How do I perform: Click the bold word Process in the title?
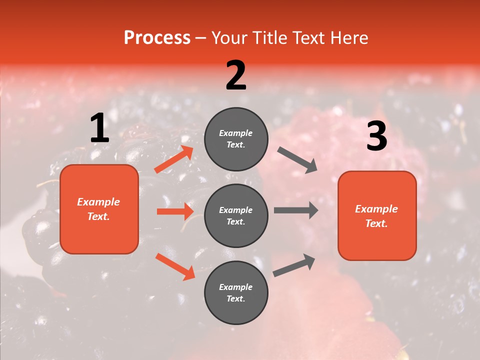pos(157,38)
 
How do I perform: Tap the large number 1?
pos(99,128)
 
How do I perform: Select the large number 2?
pos(236,75)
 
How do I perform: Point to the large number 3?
pos(376,136)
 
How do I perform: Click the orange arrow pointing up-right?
pos(173,159)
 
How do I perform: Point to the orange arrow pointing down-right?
pos(175,266)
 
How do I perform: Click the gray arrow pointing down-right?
pos(297,160)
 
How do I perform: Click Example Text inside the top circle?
pos(236,139)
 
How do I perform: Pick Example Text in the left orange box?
pos(98,209)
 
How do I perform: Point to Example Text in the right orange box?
pos(376,216)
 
